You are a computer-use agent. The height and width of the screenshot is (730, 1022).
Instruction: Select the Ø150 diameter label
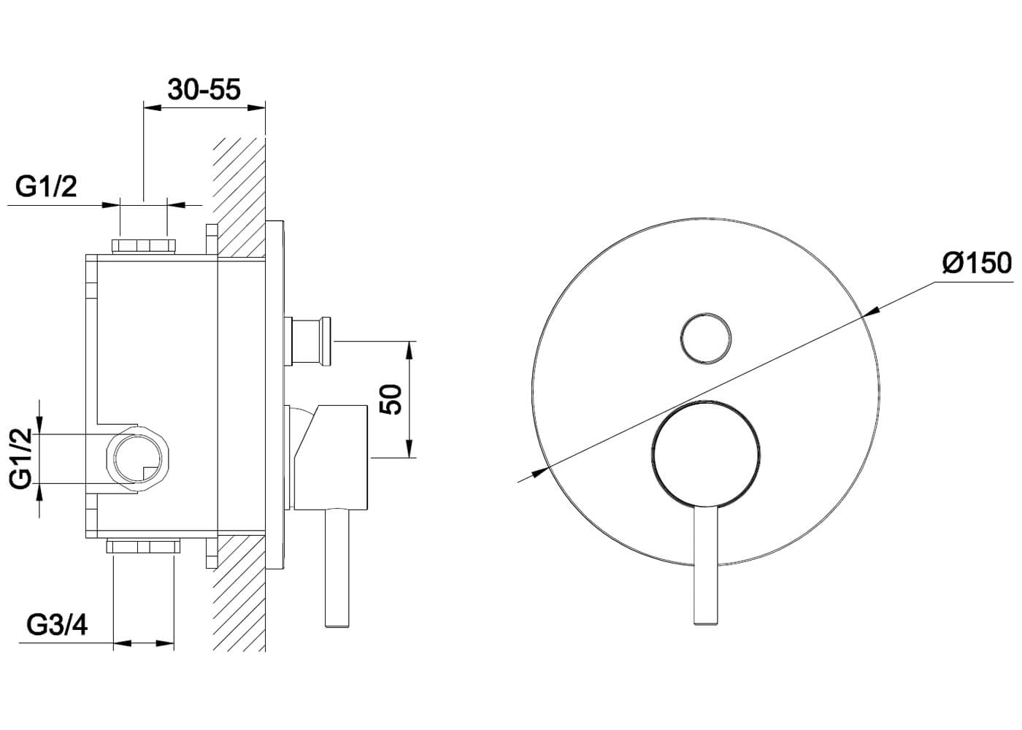[976, 262]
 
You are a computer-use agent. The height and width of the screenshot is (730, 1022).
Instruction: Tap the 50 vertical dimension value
[392, 399]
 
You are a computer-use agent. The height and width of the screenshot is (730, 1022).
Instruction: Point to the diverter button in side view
[312, 340]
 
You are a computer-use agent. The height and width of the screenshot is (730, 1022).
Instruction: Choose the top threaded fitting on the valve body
[145, 245]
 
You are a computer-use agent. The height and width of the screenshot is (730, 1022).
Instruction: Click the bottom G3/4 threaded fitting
[144, 546]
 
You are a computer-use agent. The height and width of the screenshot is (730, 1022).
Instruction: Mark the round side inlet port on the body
[138, 458]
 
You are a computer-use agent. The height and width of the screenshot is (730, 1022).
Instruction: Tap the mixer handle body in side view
[332, 456]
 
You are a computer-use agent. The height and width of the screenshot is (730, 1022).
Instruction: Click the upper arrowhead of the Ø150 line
[870, 312]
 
